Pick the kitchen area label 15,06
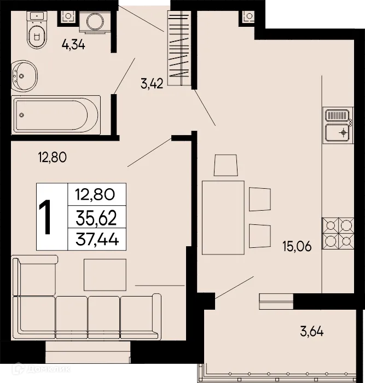pos(297,246)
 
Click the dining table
pos(223,218)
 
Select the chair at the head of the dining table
pos(225,164)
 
